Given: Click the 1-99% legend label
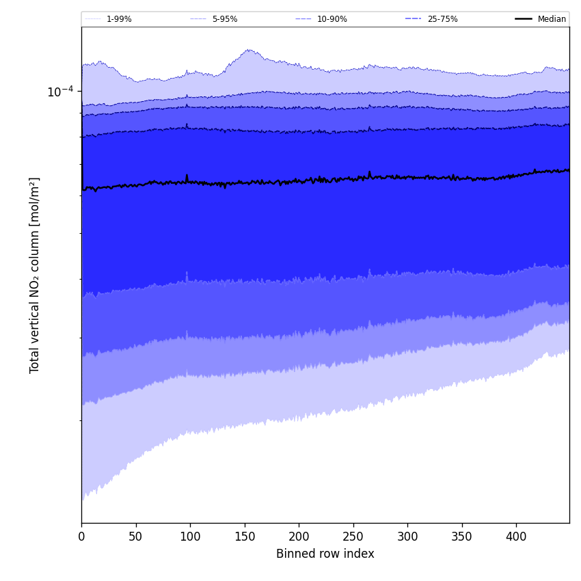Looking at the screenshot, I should tap(119, 19).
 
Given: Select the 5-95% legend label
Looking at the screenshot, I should tap(225, 19).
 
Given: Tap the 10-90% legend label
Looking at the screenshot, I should tap(332, 19).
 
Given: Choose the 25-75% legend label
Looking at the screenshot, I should tap(442, 19).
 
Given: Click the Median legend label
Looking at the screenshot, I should tap(552, 19).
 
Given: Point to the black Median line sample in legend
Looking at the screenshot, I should tap(524, 19).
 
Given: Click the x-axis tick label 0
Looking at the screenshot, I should tap(81, 537).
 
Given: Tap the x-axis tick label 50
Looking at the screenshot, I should tap(136, 537).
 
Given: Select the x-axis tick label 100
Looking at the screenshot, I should tap(190, 537).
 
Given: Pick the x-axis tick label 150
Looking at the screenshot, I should tap(245, 537).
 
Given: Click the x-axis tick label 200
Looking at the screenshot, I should tap(299, 537).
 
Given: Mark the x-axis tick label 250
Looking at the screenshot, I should tap(353, 537).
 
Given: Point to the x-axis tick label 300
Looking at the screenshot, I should tap(407, 537).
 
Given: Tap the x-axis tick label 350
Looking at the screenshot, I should tap(462, 537).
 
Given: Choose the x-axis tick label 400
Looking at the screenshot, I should tap(516, 537).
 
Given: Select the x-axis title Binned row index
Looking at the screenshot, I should tap(325, 554).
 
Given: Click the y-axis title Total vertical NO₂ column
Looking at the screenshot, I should tap(35, 275).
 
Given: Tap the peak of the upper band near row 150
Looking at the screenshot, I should tap(249, 50).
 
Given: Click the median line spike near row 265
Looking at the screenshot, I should tap(369, 172).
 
